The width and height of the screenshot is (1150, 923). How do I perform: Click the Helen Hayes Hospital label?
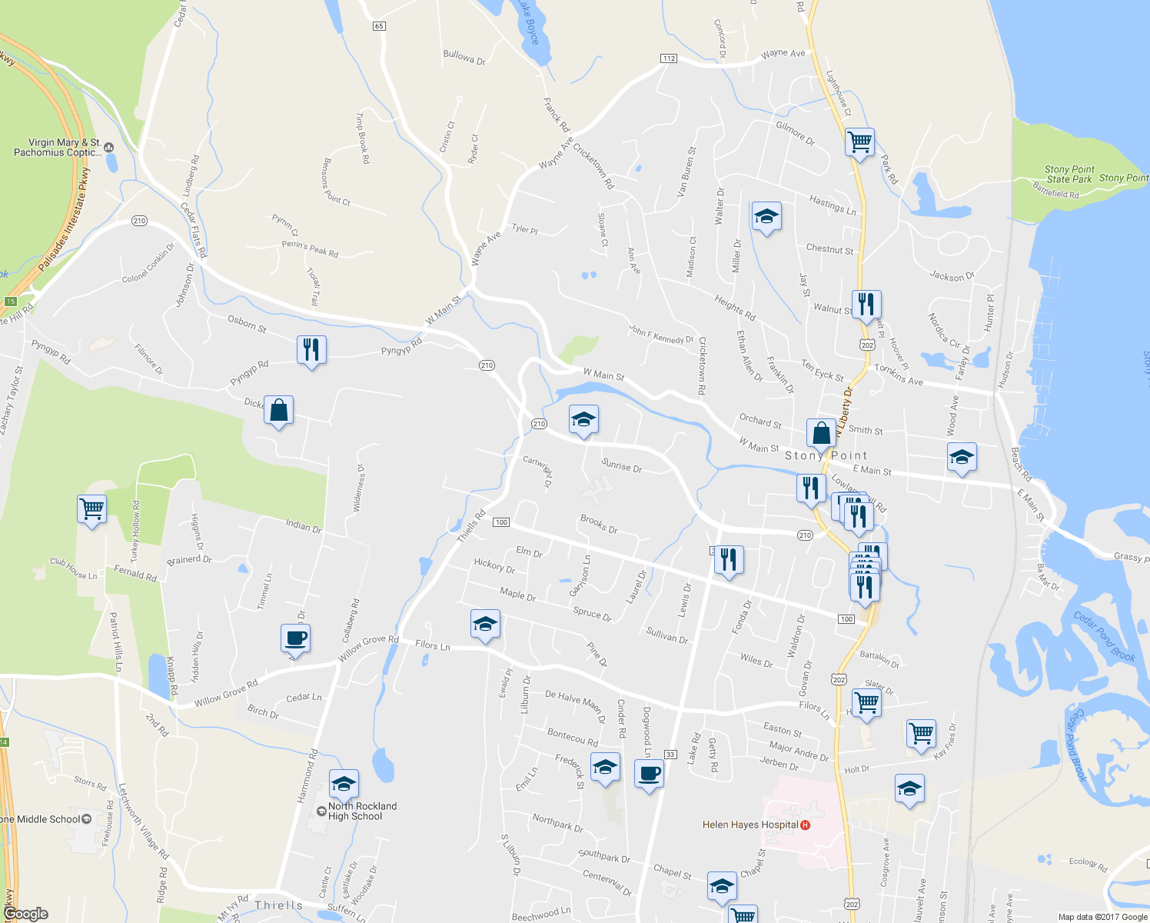(749, 825)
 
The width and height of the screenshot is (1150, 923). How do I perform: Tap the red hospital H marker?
(805, 825)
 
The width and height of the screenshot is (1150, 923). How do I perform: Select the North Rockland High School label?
(362, 811)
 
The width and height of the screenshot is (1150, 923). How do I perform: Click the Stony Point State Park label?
(1069, 175)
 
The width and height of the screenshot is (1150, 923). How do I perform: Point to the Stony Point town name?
(826, 455)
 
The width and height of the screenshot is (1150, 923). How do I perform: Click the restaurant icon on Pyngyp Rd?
(311, 350)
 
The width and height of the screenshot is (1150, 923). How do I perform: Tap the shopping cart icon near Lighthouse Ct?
(859, 142)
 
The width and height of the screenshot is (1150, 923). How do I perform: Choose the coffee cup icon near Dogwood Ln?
(650, 773)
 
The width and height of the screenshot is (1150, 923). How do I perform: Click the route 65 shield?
(379, 26)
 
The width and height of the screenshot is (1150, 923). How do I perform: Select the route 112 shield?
(668, 58)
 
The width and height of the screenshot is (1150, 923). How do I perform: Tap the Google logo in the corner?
(25, 914)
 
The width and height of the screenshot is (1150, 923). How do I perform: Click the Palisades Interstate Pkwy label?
(65, 220)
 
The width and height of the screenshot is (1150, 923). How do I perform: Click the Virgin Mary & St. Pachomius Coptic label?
(58, 148)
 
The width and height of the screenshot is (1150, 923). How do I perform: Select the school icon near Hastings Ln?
(766, 217)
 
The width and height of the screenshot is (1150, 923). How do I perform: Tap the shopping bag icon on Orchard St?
(821, 433)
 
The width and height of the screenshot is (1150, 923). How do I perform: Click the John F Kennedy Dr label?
(661, 335)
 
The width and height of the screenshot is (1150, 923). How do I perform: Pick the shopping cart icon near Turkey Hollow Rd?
(91, 508)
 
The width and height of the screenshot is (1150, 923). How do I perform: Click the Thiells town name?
(278, 905)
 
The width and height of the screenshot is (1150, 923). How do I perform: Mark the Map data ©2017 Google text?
(1102, 917)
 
